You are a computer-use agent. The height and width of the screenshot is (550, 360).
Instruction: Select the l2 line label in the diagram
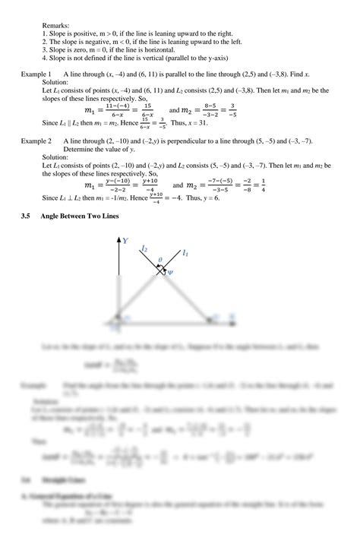(x=144, y=247)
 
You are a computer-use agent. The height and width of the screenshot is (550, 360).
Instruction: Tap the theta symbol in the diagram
(x=159, y=259)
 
